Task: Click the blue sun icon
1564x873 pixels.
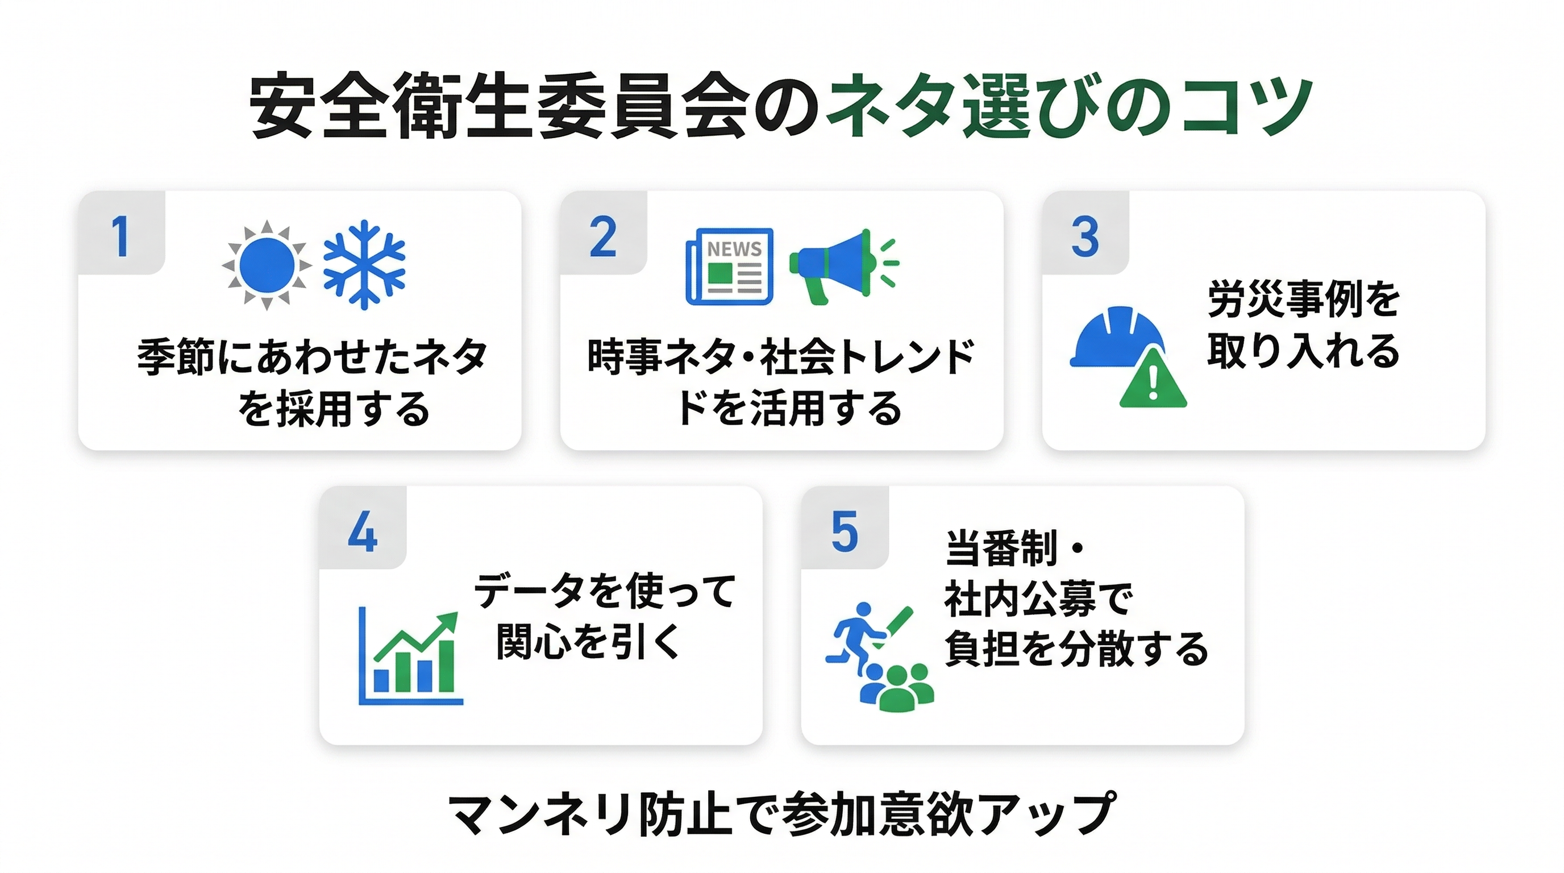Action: click(267, 265)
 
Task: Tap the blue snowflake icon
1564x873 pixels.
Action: click(364, 265)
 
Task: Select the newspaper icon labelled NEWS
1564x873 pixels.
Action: click(729, 266)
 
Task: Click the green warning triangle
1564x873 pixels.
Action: click(1153, 377)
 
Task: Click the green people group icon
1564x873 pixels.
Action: click(897, 687)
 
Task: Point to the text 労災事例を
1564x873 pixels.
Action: click(1304, 299)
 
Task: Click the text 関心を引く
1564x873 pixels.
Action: click(588, 641)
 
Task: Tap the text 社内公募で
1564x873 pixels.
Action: click(1039, 598)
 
